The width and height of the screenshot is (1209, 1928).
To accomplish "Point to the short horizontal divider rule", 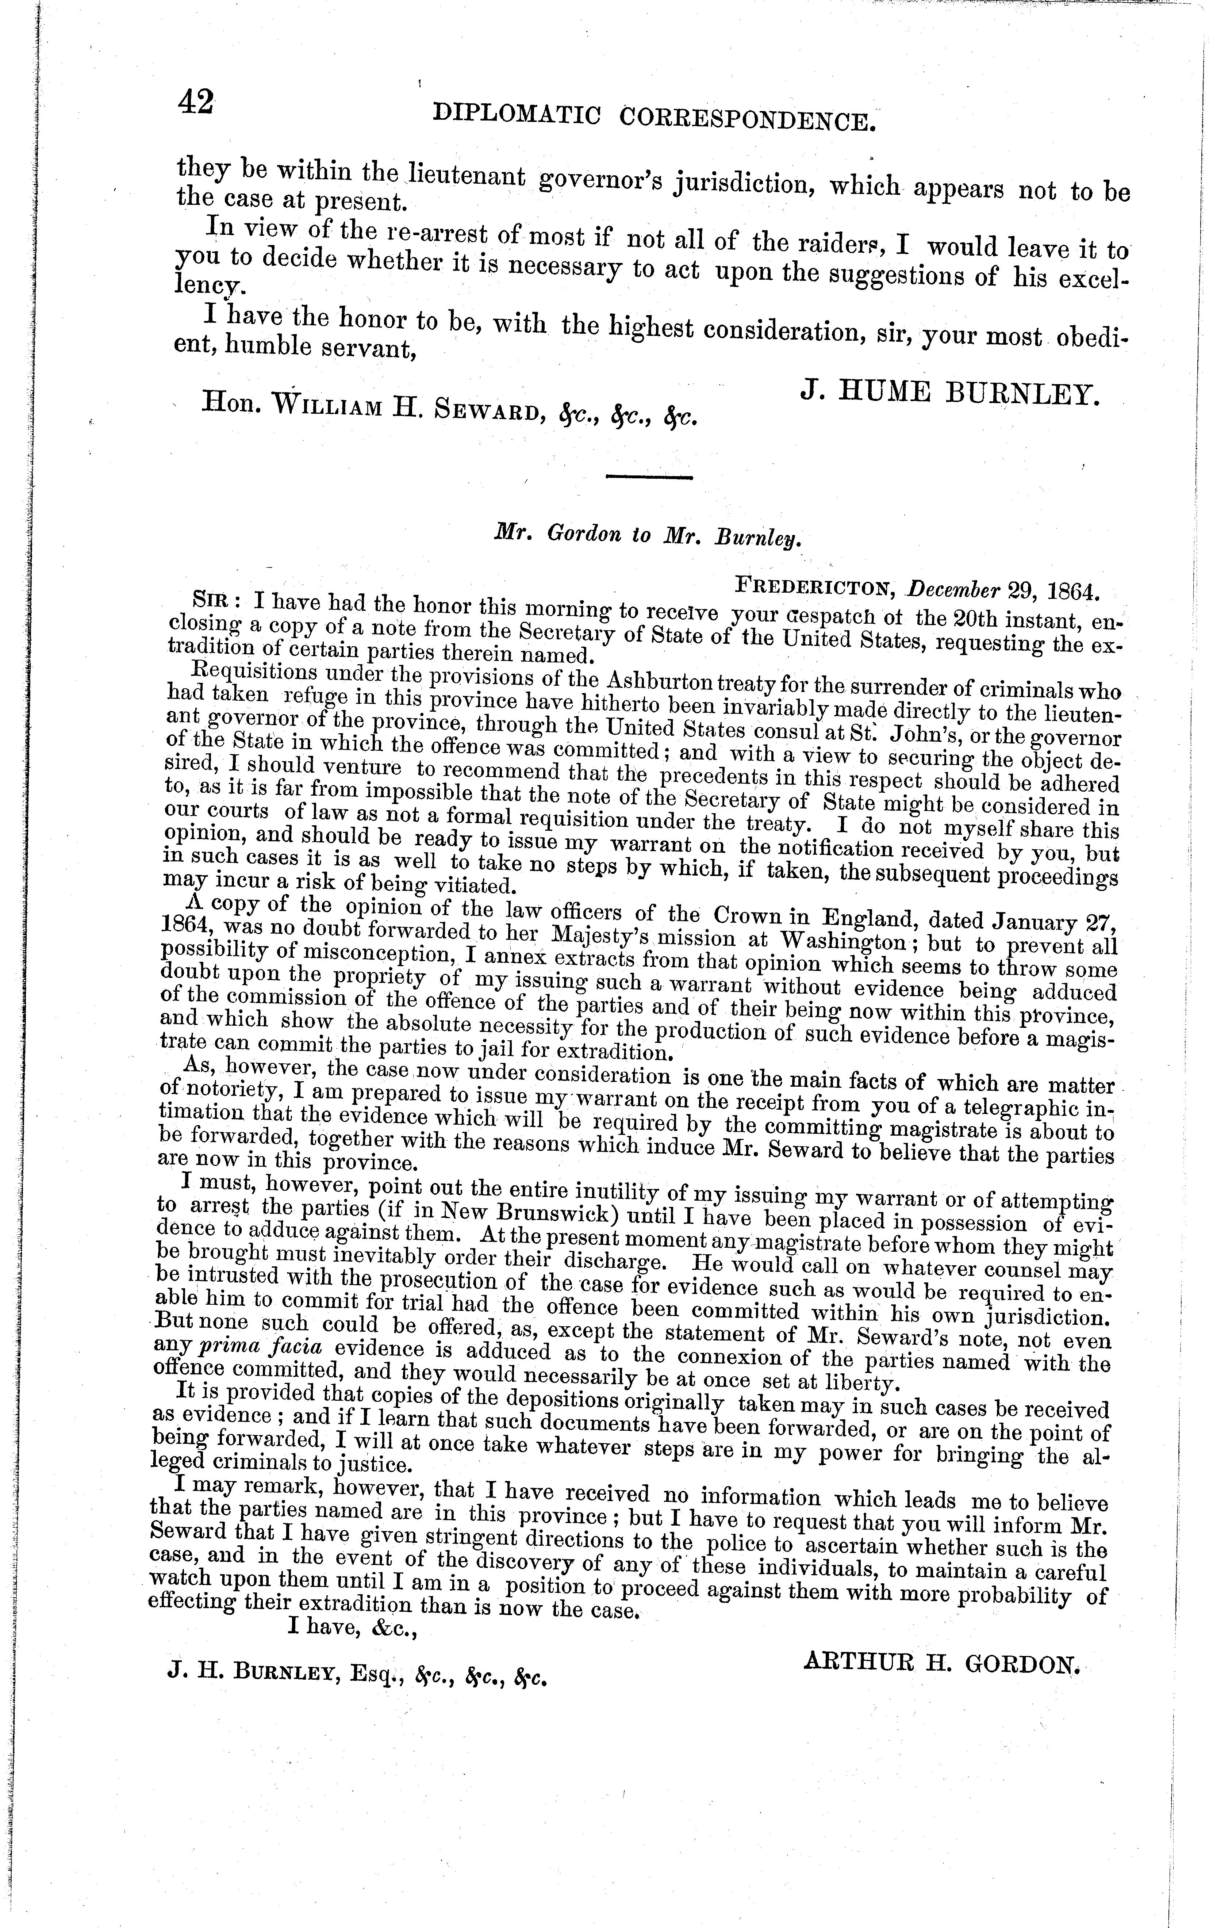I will coord(648,477).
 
